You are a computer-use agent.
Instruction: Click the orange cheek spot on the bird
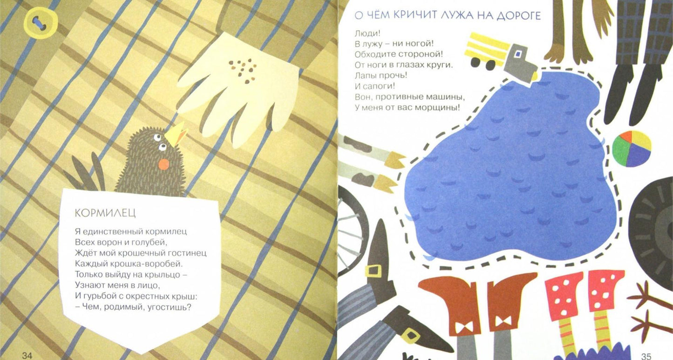tap(164, 164)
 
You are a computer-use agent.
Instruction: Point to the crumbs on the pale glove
tap(242, 71)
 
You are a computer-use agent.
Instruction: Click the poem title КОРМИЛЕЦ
tap(105, 213)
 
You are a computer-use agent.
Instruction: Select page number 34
tap(27, 356)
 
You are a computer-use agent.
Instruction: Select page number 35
tap(646, 356)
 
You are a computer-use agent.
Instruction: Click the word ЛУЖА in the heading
tap(461, 15)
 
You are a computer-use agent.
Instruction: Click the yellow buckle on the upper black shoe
tap(373, 271)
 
